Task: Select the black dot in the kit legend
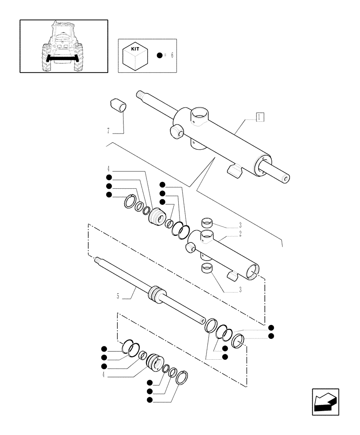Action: coord(160,56)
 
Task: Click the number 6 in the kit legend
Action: coord(172,56)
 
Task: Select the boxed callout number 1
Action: coord(259,117)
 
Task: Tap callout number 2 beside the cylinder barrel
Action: coord(240,234)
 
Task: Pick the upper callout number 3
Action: coord(240,226)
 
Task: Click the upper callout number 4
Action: coord(108,169)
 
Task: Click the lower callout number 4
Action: coord(103,374)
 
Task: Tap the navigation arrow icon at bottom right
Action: coord(325,402)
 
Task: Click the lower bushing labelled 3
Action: coord(208,269)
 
